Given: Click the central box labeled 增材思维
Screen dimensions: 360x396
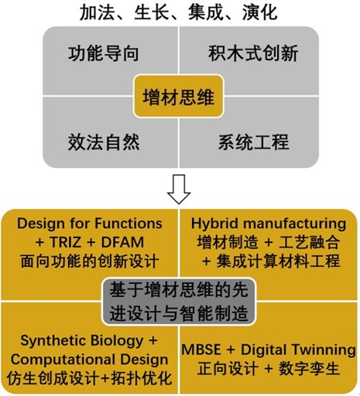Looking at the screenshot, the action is pyautogui.click(x=178, y=97).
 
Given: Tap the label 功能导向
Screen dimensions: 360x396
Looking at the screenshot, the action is pyautogui.click(x=104, y=53).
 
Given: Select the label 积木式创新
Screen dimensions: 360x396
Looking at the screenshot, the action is pyautogui.click(x=253, y=53).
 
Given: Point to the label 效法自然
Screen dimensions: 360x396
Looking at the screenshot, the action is pyautogui.click(x=104, y=142).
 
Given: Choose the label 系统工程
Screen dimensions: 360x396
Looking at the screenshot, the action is pyautogui.click(x=254, y=142).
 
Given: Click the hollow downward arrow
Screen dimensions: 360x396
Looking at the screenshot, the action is pyautogui.click(x=179, y=189).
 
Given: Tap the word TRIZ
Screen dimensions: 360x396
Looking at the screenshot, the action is pyautogui.click(x=66, y=242).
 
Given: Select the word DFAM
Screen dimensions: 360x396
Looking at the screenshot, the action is pyautogui.click(x=122, y=242).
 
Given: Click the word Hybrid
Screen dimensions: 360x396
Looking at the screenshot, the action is pyautogui.click(x=214, y=224).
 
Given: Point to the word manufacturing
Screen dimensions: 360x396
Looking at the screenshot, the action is pyautogui.click(x=295, y=224).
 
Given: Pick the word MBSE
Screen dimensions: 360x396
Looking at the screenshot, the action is pyautogui.click(x=201, y=350).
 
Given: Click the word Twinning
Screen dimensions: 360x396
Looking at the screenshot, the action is pyautogui.click(x=324, y=350).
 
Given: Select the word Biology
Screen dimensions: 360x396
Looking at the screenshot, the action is pyautogui.click(x=118, y=341).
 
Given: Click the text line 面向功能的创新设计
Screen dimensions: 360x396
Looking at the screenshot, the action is pyautogui.click(x=89, y=261).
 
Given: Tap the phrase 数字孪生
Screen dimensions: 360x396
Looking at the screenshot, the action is pyautogui.click(x=309, y=368).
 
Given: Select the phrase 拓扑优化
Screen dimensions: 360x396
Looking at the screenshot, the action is pyautogui.click(x=142, y=378).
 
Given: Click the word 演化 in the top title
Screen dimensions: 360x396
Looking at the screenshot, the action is pyautogui.click(x=260, y=12).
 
